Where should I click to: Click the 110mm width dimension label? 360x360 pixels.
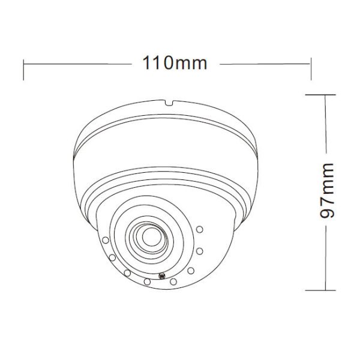coord(175,62)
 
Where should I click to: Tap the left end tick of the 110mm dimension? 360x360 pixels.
coord(23,69)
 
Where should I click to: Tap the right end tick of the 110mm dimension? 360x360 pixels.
coord(311,69)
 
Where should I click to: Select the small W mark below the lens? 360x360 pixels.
coord(161,277)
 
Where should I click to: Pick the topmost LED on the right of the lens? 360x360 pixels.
coord(200,229)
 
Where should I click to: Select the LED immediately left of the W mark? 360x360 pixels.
coord(146,280)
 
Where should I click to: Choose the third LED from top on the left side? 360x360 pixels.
coord(127,272)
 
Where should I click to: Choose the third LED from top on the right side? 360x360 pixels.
coord(191,270)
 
